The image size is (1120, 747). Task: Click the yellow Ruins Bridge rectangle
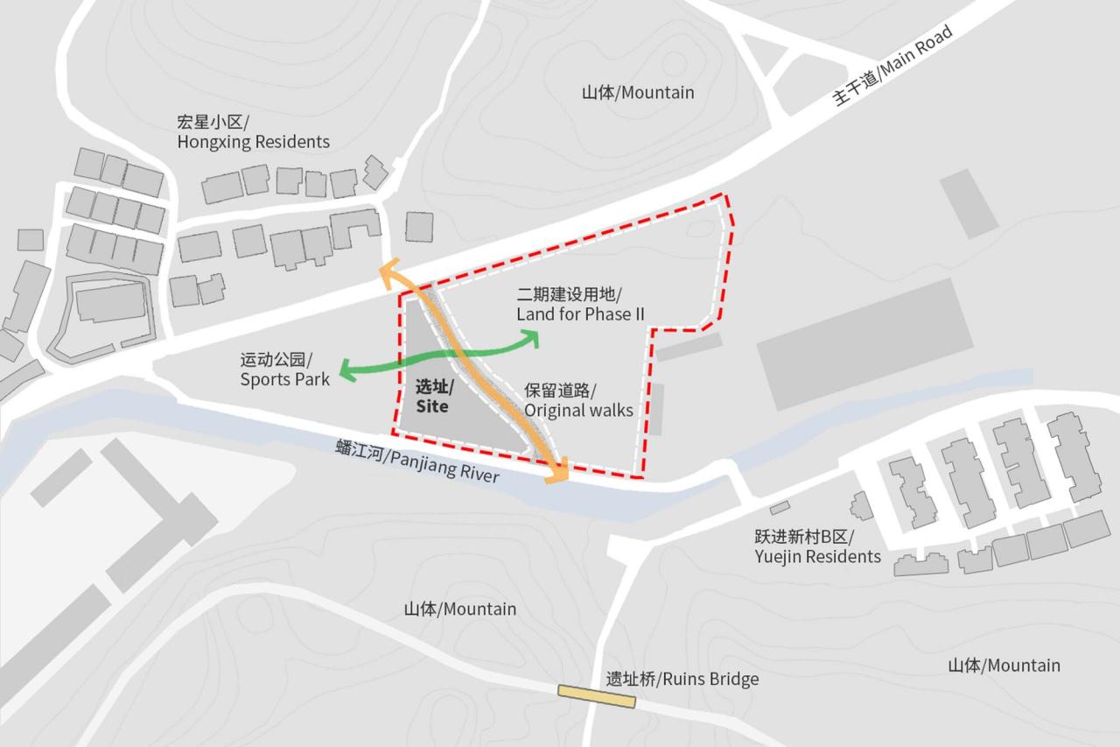pos(597,696)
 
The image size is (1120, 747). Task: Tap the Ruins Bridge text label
pos(682,680)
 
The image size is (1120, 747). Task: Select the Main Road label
pos(892,67)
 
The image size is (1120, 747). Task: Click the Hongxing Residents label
pos(253,131)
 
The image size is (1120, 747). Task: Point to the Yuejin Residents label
pos(817,547)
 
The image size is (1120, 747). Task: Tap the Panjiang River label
pos(417,462)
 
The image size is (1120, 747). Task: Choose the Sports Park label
pos(285,370)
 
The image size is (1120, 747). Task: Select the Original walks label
pos(578,400)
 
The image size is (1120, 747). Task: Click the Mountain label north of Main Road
pos(638,92)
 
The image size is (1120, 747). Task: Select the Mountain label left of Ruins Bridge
pos(459,609)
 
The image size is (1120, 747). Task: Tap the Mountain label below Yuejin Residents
pos(1004,666)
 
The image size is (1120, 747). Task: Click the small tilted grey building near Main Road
pos(969,204)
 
